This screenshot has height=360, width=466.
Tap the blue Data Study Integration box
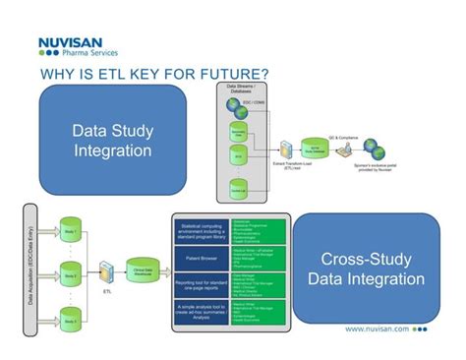tap(112, 140)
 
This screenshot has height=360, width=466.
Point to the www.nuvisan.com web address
tap(378, 330)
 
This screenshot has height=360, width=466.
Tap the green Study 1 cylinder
tap(68, 225)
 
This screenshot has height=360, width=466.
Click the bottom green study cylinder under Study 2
tap(68, 316)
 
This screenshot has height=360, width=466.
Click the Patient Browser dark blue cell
tap(201, 260)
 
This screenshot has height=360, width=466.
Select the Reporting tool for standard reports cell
tap(201, 285)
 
